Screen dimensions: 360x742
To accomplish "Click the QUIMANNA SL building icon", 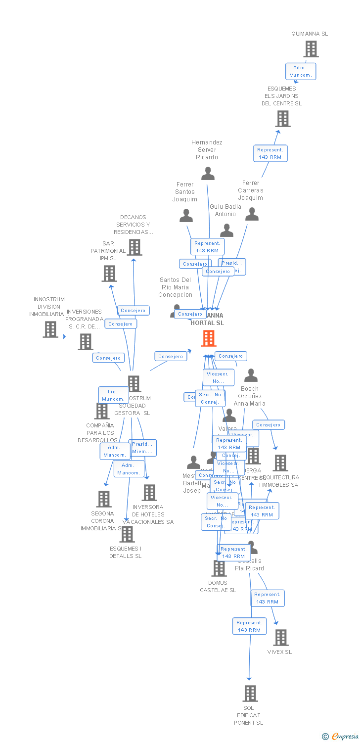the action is [311, 49].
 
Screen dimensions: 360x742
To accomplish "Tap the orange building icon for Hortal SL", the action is [208, 338].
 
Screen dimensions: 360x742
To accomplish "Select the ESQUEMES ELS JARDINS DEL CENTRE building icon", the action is [282, 119].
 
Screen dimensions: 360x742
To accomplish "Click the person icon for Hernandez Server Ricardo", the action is [208, 174].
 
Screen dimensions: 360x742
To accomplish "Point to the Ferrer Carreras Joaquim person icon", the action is [252, 214].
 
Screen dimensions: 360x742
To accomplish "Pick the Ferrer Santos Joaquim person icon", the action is [186, 216].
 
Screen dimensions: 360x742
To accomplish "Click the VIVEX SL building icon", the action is [280, 637].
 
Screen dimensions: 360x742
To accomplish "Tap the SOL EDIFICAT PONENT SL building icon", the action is [250, 693].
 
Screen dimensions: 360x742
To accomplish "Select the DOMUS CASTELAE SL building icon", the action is [219, 568].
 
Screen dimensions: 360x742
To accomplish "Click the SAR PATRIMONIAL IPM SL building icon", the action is [109, 273].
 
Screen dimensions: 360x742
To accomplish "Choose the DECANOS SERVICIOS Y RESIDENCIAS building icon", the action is [134, 247].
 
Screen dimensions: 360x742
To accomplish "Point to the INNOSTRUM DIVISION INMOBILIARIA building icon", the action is [50, 329].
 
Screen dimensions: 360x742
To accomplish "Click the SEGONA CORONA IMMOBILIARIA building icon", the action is [103, 499].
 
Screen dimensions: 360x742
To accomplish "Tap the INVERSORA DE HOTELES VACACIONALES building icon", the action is [149, 492].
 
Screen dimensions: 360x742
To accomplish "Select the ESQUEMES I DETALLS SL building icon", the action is [127, 534].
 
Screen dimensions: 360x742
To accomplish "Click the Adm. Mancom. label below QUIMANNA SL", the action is [300, 71].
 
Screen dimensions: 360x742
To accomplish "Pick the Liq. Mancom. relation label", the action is [113, 395].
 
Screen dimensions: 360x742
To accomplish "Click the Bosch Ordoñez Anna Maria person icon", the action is [251, 375].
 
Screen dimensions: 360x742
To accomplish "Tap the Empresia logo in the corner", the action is [340, 737].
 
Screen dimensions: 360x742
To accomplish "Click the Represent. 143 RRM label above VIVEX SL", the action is [267, 598].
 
